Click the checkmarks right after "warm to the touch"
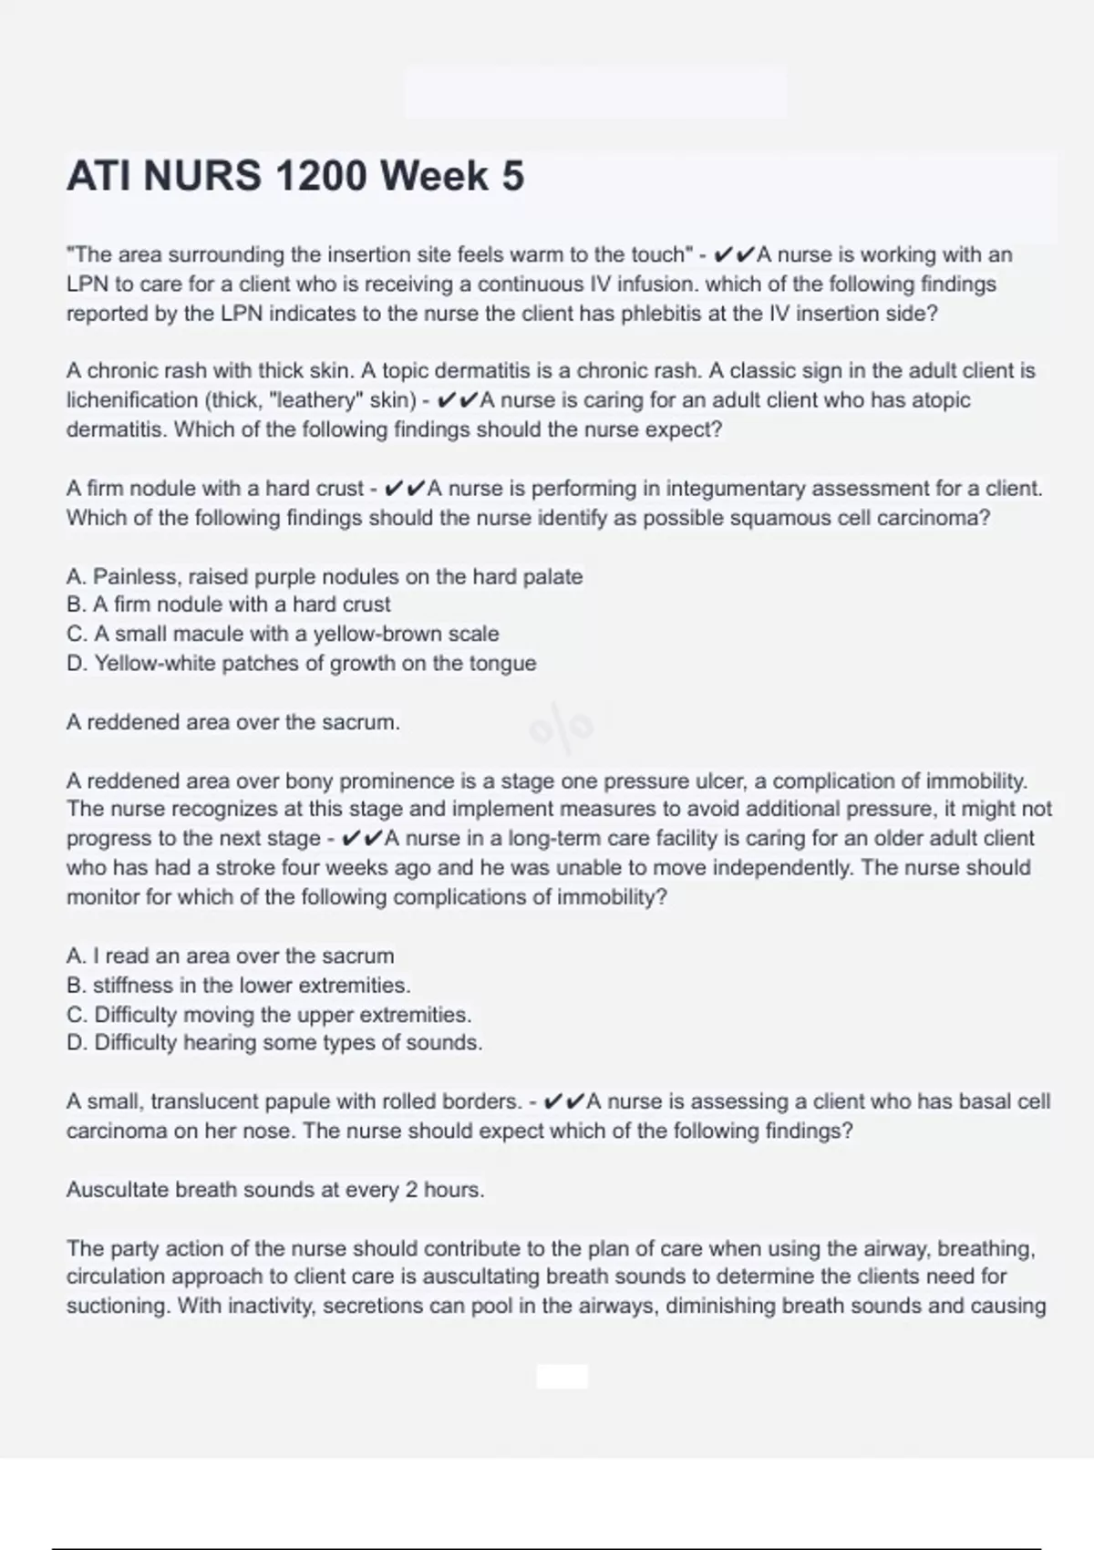(734, 254)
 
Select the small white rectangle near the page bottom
(562, 1376)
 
